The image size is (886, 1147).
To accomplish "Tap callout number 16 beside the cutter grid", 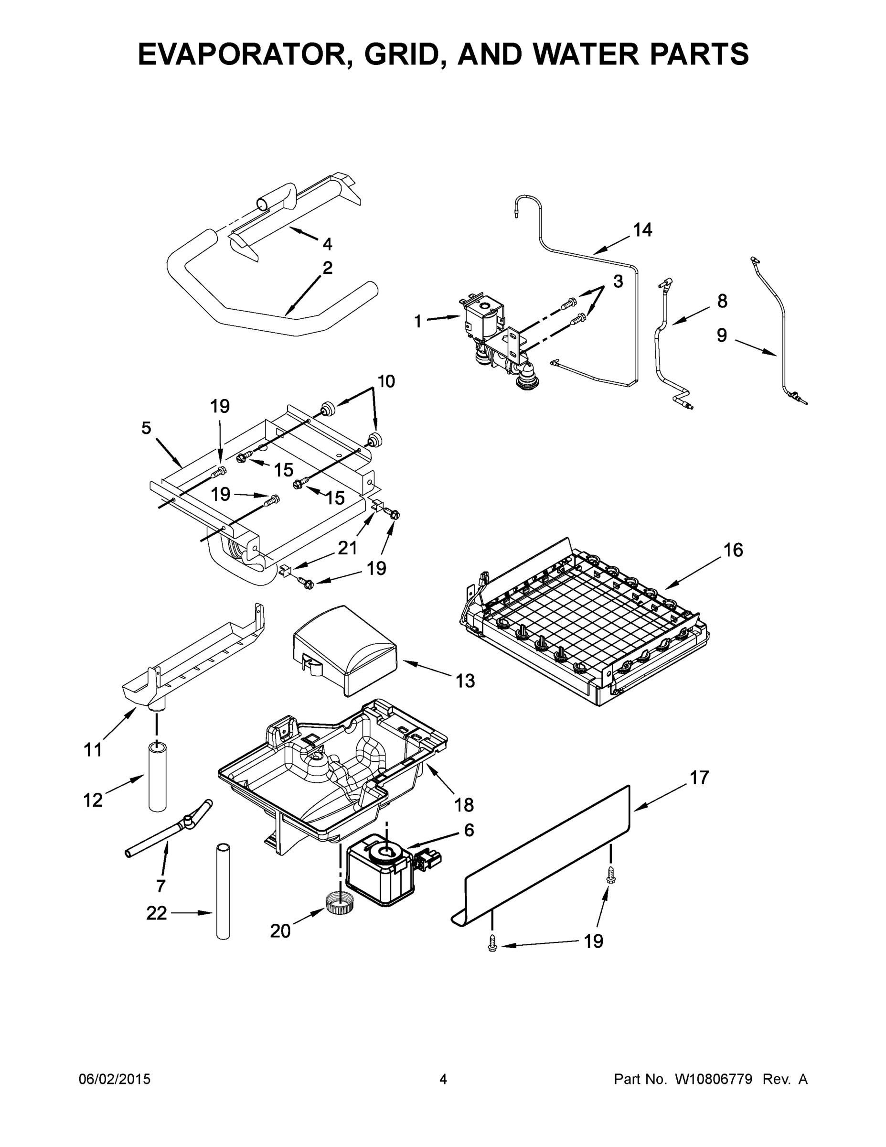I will [x=733, y=550].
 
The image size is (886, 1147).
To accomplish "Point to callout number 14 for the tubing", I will [x=642, y=229].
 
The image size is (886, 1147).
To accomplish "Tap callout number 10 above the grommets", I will [x=386, y=381].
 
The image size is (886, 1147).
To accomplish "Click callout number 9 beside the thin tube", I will [x=722, y=335].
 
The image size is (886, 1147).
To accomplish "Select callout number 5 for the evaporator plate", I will [x=146, y=428].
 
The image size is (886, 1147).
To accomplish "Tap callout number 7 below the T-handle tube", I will [x=160, y=886].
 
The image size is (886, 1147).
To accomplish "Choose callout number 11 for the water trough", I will [x=93, y=750].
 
